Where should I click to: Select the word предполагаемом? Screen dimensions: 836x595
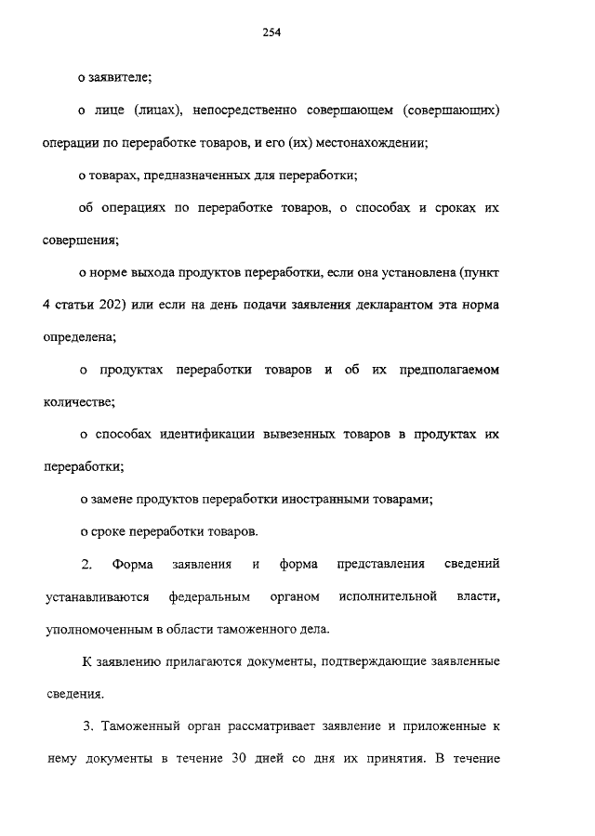click(439, 370)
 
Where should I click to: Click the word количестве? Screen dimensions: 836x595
click(78, 402)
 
